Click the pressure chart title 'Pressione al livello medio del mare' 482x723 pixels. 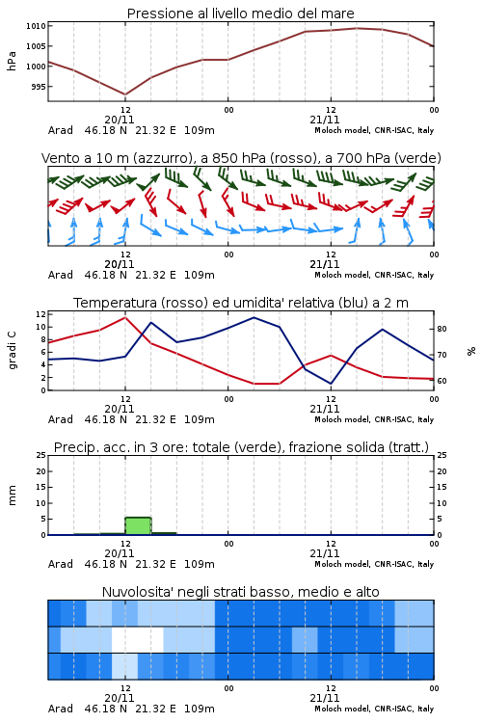pos(240,13)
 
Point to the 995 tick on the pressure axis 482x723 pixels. pos(39,86)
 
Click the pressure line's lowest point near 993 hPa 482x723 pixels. pos(125,94)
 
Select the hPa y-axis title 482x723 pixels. pos(12,61)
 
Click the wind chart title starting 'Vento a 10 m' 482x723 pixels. pos(241,158)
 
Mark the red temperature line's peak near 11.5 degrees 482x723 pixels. pos(125,317)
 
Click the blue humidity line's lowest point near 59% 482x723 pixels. pos(331,384)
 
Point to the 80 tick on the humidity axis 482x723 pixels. pos(442,329)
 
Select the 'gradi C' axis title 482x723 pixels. pos(12,350)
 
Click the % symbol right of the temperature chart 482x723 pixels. pos(471,351)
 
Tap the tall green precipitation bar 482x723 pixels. pos(139,526)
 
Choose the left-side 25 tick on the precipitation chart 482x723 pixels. pos(41,455)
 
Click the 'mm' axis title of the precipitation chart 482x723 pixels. pos(12,495)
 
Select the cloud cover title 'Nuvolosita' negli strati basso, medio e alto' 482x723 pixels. pos(240,592)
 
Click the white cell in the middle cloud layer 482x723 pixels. pos(138,639)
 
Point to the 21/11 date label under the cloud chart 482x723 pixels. pos(324,698)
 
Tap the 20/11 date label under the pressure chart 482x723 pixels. pos(120,120)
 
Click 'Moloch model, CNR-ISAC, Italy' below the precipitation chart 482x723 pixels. pos(374,564)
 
